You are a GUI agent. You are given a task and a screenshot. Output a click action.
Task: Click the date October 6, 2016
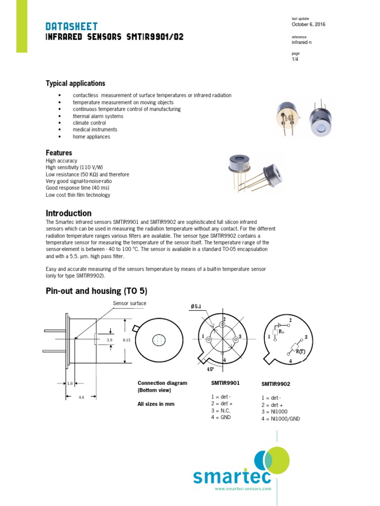point(308,25)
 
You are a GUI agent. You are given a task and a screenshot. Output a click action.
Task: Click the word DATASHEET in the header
point(71,26)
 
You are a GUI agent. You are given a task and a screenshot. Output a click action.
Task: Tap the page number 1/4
point(295,60)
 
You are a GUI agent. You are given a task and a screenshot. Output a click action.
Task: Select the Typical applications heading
point(75,84)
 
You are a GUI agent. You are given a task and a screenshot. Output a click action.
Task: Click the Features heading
point(59,153)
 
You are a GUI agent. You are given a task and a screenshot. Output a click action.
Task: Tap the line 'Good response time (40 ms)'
point(77,188)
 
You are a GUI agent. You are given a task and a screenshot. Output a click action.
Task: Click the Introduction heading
point(68,213)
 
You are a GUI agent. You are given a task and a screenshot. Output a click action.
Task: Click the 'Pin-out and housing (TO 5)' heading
point(96,291)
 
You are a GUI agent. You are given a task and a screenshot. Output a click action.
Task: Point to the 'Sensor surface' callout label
point(130,303)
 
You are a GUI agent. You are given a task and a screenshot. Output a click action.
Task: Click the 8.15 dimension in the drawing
point(126,340)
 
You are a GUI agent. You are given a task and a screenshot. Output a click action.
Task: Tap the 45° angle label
point(210,369)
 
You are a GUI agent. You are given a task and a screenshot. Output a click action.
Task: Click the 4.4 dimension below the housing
point(81,397)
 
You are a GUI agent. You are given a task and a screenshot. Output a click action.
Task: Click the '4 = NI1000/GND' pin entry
point(281,419)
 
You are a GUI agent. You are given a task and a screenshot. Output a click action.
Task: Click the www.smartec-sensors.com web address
point(243,489)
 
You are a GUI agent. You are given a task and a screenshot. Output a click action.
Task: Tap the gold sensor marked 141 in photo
point(287,117)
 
